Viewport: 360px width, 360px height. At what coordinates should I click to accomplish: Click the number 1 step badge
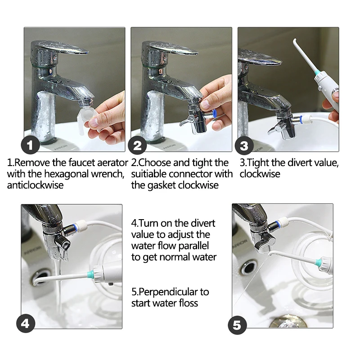point(30,146)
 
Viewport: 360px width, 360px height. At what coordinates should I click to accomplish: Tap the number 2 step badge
point(138,146)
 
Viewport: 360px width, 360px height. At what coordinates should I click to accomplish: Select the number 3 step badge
point(244,146)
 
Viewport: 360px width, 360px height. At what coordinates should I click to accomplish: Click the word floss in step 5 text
point(187,303)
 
